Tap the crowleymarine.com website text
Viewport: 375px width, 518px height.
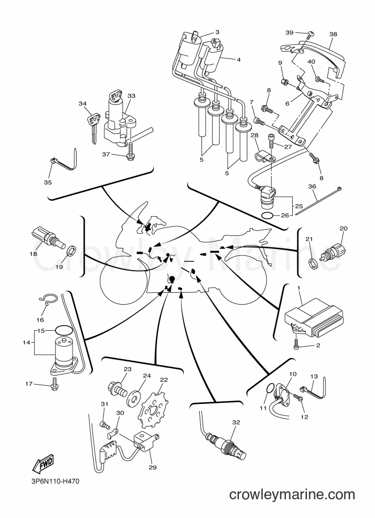[292, 495]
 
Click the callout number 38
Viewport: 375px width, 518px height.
[333, 34]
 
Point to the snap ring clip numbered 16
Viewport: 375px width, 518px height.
[48, 298]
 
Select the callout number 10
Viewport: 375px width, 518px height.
[292, 374]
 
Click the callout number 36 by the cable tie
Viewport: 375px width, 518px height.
[312, 186]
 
